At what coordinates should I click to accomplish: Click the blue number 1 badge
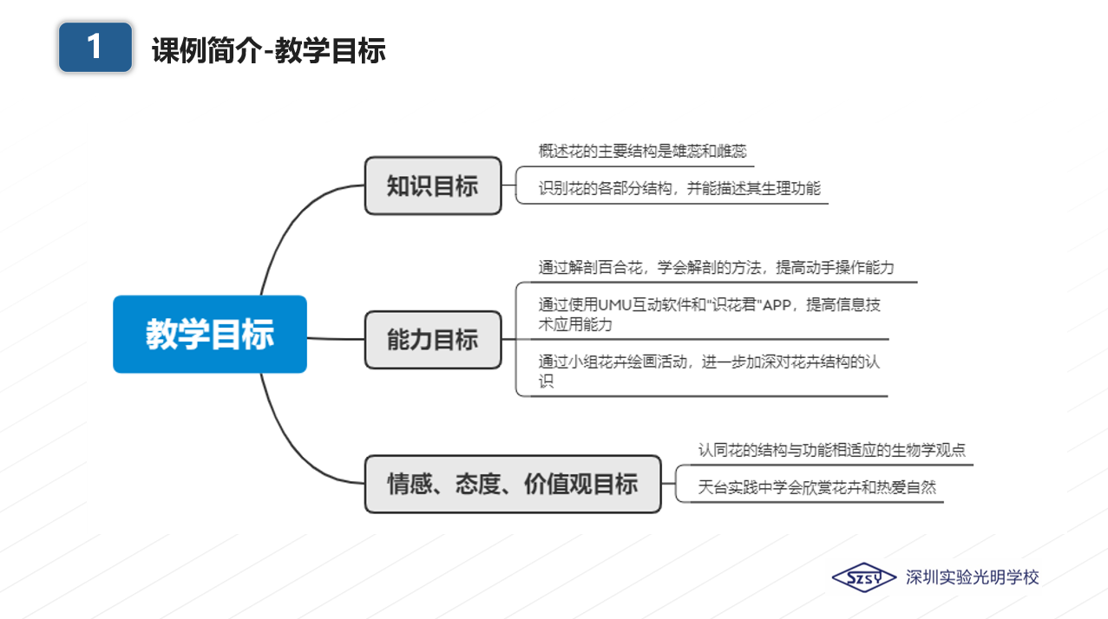click(95, 47)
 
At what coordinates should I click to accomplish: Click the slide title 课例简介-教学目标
click(269, 50)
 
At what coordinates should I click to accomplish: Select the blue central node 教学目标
click(210, 335)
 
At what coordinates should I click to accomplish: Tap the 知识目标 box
click(433, 186)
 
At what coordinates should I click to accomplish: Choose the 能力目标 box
click(433, 340)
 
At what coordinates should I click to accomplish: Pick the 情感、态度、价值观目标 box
click(513, 484)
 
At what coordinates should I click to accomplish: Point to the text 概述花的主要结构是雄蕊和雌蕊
click(642, 152)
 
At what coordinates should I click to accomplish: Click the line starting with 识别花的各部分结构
click(679, 188)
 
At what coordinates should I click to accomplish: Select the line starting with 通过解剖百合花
click(716, 268)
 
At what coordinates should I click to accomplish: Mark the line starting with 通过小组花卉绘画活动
click(709, 371)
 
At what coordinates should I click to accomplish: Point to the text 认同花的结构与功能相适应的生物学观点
click(831, 450)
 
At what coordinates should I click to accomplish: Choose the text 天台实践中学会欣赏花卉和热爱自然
click(816, 487)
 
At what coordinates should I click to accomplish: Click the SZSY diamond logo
click(863, 577)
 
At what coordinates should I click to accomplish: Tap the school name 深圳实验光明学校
click(972, 577)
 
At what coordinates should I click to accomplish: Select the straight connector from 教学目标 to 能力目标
click(336, 339)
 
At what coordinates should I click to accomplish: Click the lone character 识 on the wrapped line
click(546, 381)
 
